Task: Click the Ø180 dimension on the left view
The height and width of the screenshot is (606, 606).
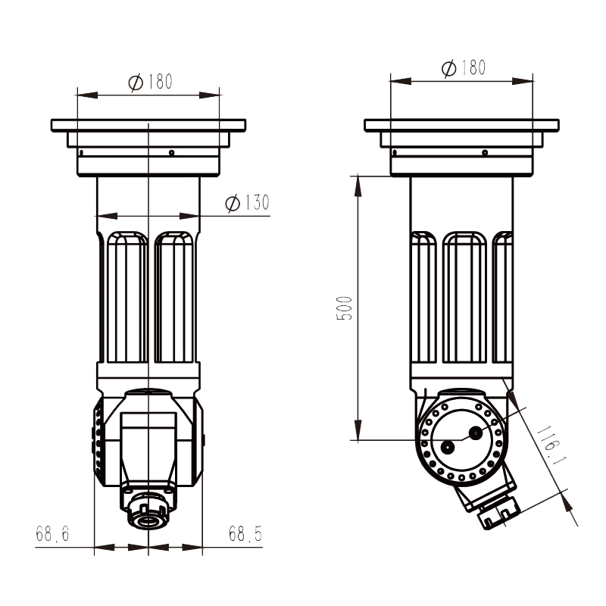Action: [x=151, y=83]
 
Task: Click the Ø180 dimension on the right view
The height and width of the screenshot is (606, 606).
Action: [x=463, y=68]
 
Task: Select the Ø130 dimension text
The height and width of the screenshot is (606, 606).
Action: [x=248, y=203]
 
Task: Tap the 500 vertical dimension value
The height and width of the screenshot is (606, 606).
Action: [x=345, y=308]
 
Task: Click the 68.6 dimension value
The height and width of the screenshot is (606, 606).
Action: [x=52, y=534]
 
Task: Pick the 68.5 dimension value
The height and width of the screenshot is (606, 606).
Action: [x=245, y=534]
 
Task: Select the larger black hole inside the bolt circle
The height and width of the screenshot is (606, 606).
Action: [x=476, y=433]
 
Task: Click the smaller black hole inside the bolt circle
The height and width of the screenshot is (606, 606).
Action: [x=448, y=447]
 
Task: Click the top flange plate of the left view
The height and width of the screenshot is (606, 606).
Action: [x=148, y=124]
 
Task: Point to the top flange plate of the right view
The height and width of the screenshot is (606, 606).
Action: [x=461, y=125]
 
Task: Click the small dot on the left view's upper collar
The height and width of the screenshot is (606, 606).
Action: [x=172, y=152]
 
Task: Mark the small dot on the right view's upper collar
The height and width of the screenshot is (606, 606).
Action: [x=485, y=152]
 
